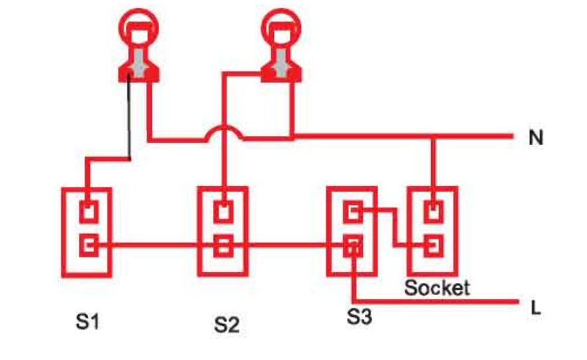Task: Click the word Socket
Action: (437, 288)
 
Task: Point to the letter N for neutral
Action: (537, 139)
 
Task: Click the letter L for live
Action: (535, 308)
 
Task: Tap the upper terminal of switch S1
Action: (88, 213)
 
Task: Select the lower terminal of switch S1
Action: (88, 245)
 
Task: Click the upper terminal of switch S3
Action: (353, 213)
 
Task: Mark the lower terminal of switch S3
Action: (353, 248)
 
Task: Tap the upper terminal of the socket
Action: (434, 212)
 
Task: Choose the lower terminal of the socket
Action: (434, 246)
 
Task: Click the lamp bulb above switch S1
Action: (139, 27)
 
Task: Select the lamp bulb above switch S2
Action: (279, 27)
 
